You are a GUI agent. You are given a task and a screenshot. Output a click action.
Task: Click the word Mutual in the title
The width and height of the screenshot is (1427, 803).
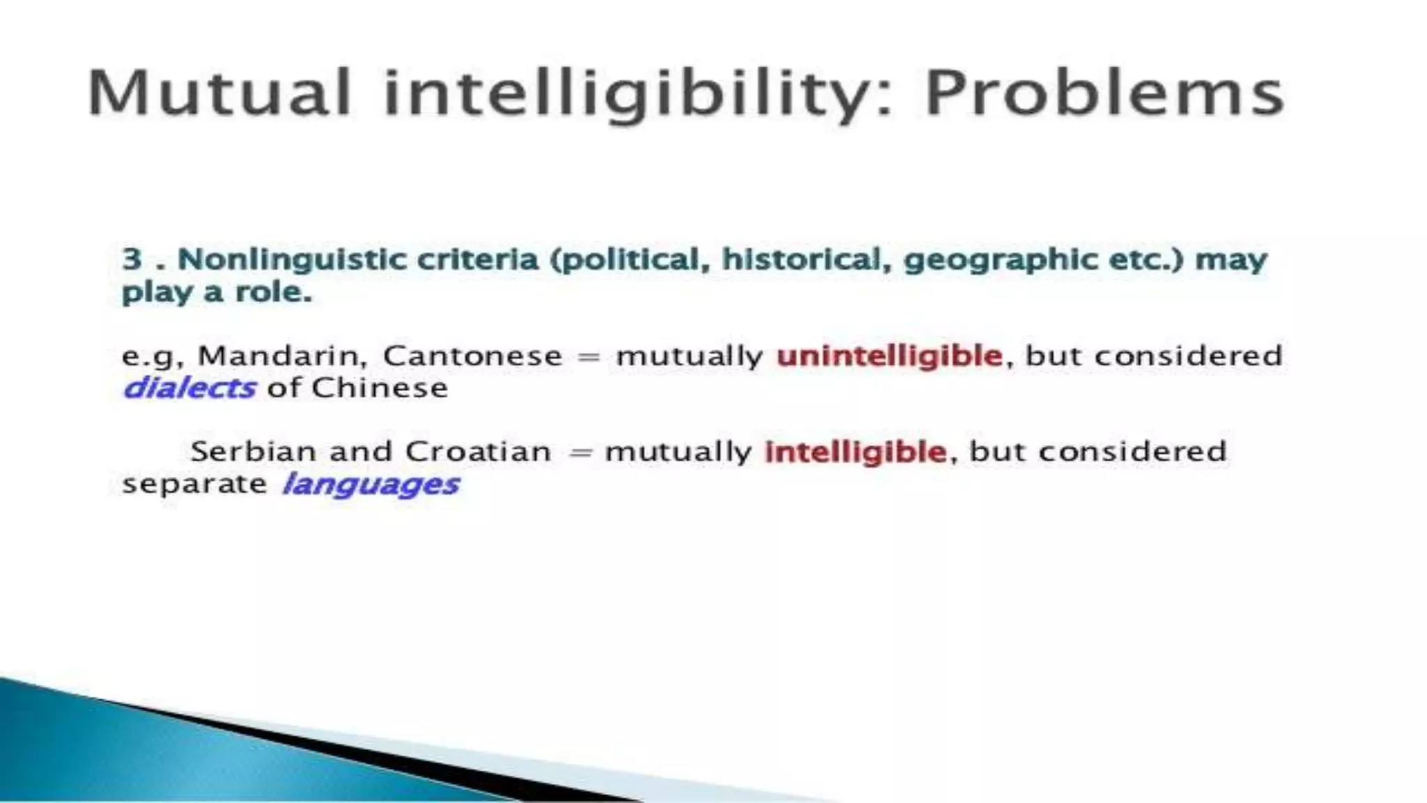click(x=218, y=93)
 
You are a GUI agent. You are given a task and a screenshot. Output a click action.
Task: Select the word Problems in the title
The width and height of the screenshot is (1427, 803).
click(x=1104, y=93)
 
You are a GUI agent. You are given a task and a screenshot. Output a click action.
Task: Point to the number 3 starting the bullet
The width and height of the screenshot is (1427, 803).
click(x=132, y=259)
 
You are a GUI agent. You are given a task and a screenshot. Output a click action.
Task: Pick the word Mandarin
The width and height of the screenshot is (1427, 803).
click(x=281, y=355)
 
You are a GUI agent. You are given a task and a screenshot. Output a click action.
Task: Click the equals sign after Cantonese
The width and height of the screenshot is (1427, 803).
click(x=589, y=357)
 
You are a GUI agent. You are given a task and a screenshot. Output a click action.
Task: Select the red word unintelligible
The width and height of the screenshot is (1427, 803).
click(x=889, y=356)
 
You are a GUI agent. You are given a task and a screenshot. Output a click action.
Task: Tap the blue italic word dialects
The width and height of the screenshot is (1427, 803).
click(x=189, y=388)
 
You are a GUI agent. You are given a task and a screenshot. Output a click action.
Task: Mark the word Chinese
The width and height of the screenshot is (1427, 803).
click(x=379, y=388)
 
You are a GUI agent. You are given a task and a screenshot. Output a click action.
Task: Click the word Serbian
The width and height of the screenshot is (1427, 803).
click(x=254, y=452)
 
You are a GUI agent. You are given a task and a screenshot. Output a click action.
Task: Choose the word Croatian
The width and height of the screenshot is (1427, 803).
click(x=478, y=452)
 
